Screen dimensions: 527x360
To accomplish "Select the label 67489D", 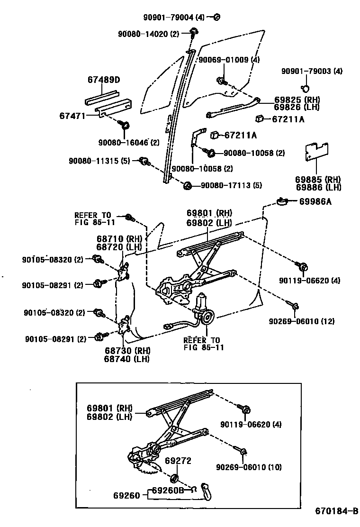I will click(x=103, y=79).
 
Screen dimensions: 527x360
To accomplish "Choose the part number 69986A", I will click(x=315, y=201).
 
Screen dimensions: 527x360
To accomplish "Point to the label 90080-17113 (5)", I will click(x=231, y=185).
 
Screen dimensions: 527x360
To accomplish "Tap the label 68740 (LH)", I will click(x=126, y=359).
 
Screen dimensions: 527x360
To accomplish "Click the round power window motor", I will click(x=207, y=318).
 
